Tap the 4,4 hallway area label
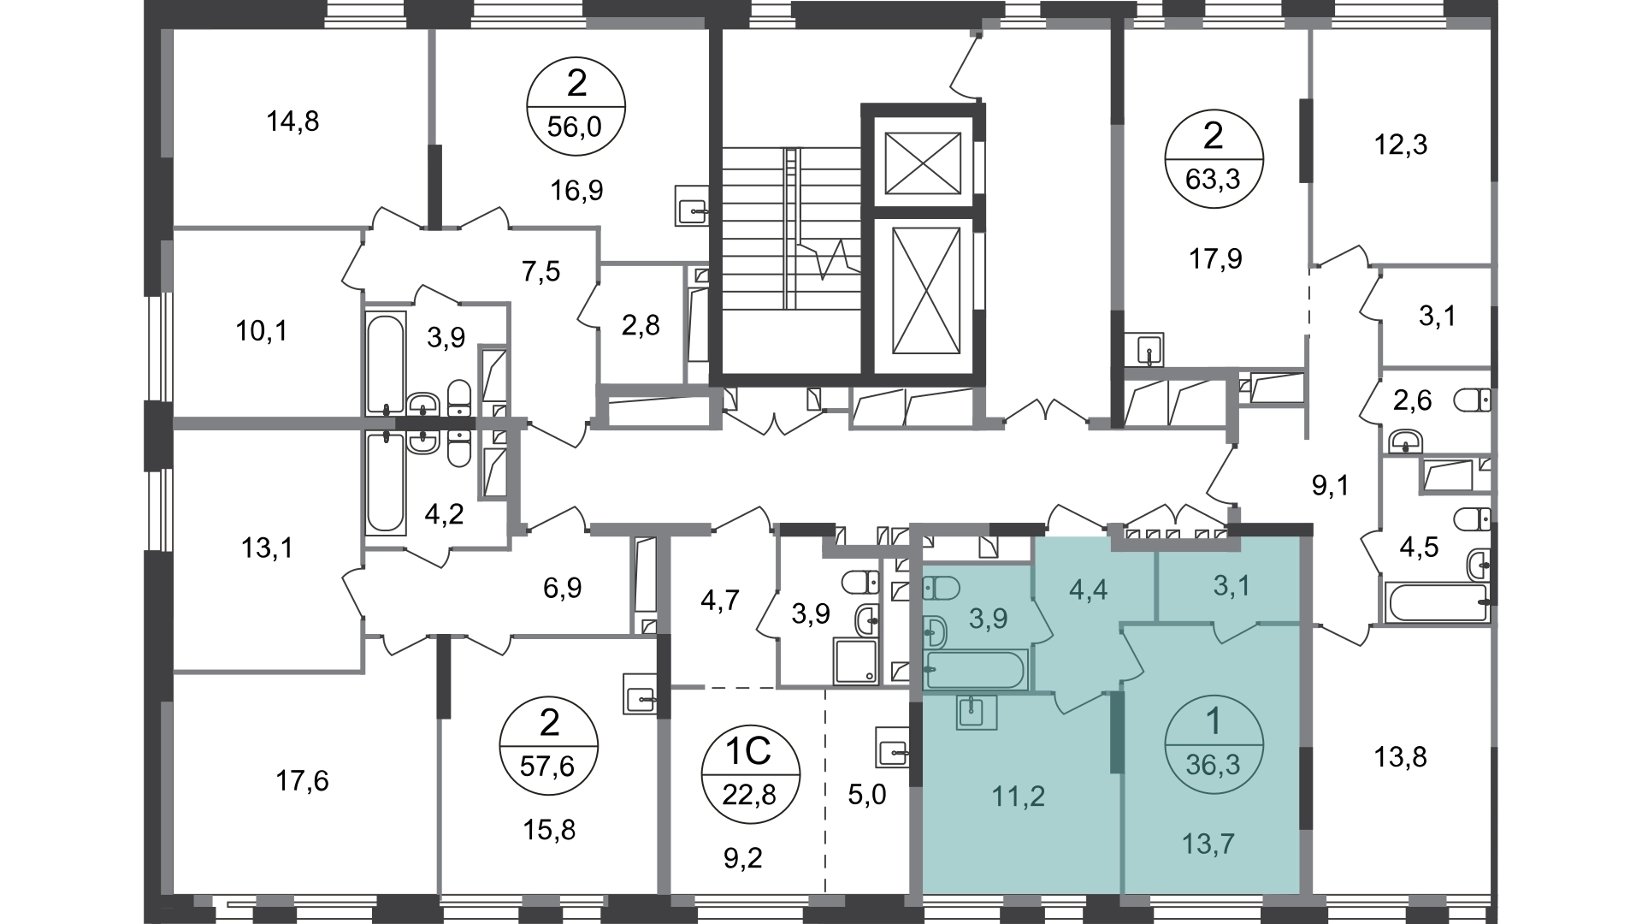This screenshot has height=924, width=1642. click(1089, 589)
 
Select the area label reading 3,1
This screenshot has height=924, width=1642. click(1231, 586)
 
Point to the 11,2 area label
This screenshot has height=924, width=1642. click(1018, 797)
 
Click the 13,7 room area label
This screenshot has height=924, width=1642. click(1208, 844)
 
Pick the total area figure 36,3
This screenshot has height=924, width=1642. click(1213, 764)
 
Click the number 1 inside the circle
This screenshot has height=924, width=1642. click(1213, 724)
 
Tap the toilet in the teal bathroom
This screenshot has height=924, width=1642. click(942, 588)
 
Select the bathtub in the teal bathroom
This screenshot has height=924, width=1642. click(975, 669)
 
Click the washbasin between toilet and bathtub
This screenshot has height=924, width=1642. click(936, 631)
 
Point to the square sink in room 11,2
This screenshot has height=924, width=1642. click(977, 711)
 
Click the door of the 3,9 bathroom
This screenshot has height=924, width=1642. click(1042, 621)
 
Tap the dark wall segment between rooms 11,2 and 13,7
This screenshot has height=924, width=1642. click(1117, 732)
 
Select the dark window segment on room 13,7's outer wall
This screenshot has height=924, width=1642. click(1306, 788)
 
